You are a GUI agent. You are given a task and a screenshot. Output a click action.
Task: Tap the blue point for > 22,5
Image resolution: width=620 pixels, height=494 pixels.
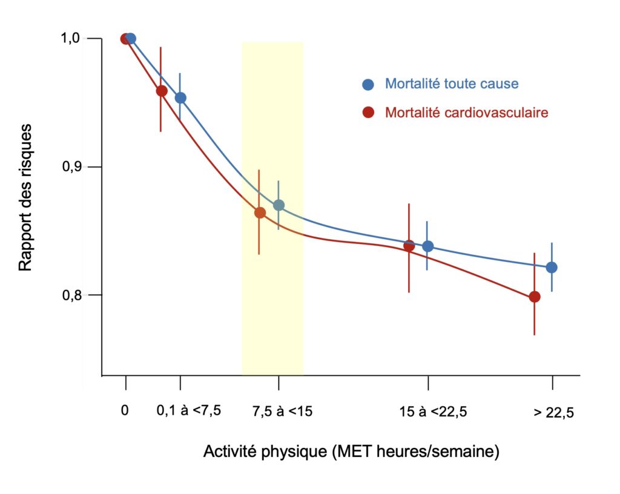552,268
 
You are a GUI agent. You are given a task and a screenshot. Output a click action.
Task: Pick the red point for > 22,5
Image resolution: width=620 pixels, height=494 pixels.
535,297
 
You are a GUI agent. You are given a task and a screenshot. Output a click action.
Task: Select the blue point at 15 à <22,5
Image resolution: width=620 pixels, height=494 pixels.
428,246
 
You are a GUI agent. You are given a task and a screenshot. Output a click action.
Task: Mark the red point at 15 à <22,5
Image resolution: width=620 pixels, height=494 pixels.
409,246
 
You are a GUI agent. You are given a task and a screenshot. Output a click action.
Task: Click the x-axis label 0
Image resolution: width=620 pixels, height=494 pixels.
125,410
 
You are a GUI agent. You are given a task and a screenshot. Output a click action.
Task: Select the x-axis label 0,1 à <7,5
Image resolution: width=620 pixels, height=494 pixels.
189,410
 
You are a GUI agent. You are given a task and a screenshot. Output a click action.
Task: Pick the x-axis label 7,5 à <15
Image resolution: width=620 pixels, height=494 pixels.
282,410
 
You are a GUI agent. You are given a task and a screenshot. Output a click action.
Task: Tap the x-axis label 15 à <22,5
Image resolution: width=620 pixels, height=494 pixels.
433,412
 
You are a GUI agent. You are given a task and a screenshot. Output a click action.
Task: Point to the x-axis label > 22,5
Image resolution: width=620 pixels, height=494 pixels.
553,412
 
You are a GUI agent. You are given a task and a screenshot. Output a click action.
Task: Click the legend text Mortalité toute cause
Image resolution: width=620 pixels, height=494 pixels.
452,84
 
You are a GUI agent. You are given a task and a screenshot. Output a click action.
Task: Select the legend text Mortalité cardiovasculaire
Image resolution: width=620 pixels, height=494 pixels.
467,113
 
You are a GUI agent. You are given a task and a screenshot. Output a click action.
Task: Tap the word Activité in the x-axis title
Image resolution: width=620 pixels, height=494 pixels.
226,452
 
